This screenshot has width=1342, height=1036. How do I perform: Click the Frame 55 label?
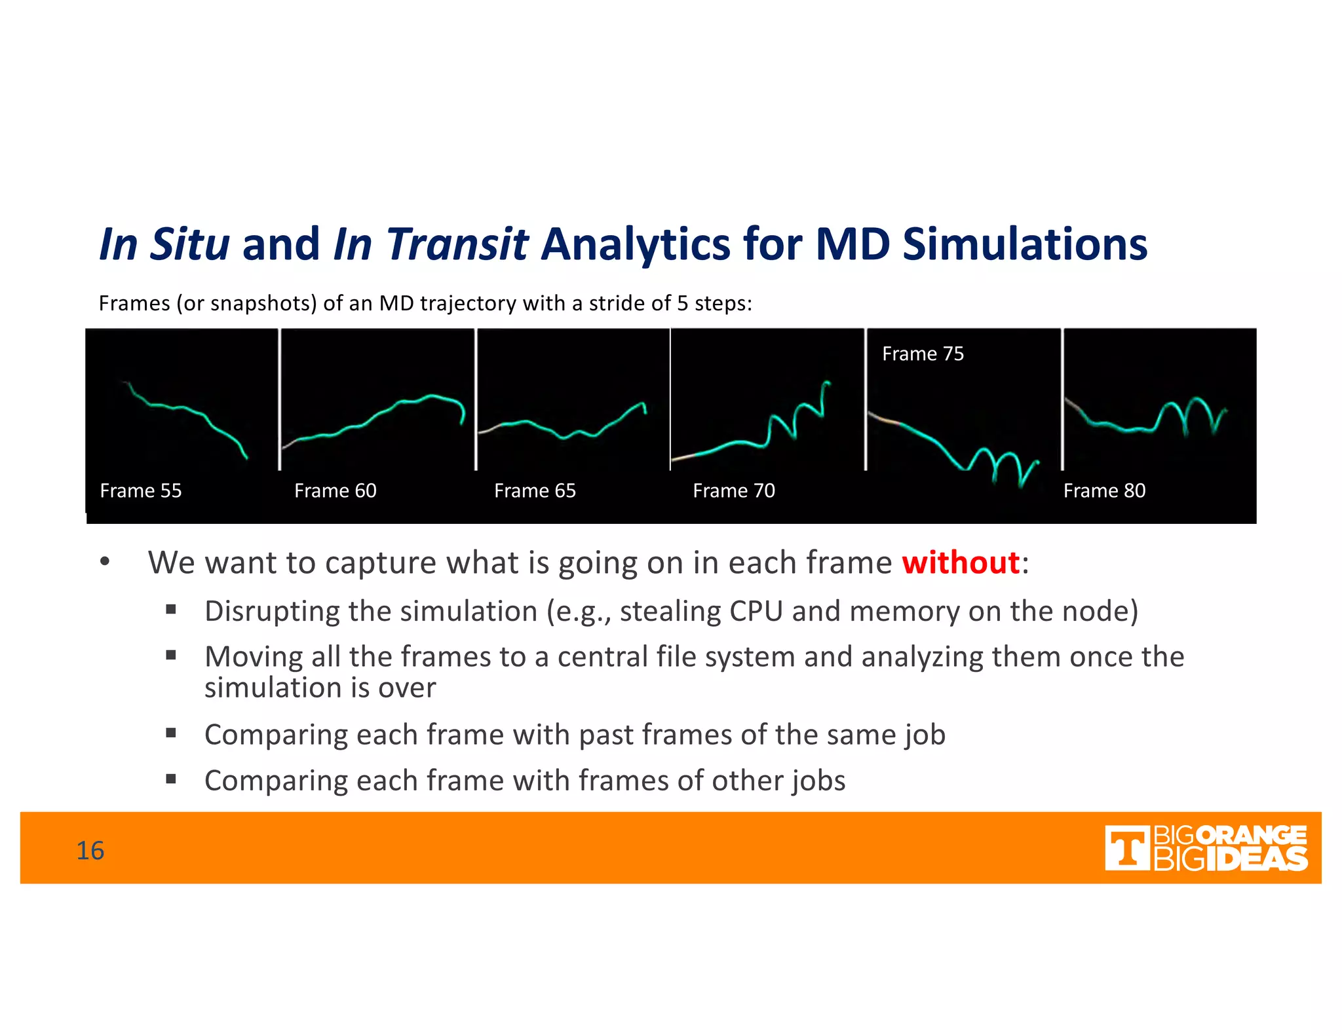pyautogui.click(x=140, y=490)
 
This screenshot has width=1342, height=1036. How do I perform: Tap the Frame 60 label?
pyautogui.click(x=335, y=490)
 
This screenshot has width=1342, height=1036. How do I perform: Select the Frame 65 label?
pyautogui.click(x=535, y=490)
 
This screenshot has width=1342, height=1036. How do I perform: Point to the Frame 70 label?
pyautogui.click(x=733, y=490)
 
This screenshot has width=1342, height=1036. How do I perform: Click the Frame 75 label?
pyautogui.click(x=922, y=354)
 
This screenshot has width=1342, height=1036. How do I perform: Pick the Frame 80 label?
pyautogui.click(x=1103, y=490)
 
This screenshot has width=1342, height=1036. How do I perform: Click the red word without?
pyautogui.click(x=960, y=563)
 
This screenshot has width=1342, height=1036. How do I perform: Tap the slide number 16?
pyautogui.click(x=90, y=850)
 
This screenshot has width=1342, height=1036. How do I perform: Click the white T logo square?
pyautogui.click(x=1126, y=848)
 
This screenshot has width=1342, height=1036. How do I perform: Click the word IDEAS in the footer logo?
pyautogui.click(x=1256, y=859)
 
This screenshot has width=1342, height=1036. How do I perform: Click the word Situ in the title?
pyautogui.click(x=189, y=244)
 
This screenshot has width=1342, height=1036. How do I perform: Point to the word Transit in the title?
pyautogui.click(x=457, y=244)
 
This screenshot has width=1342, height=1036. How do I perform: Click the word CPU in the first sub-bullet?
pyautogui.click(x=756, y=611)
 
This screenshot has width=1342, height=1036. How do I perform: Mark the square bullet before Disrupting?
pyautogui.click(x=171, y=610)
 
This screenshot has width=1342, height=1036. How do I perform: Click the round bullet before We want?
pyautogui.click(x=105, y=562)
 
